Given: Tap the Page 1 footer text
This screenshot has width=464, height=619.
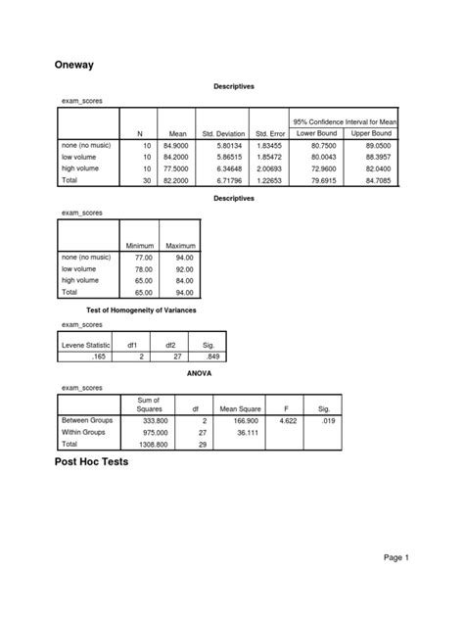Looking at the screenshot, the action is click(395, 556).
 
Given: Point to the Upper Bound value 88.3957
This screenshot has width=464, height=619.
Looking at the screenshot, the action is click(373, 157).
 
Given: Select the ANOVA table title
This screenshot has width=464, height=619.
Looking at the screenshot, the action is click(227, 373).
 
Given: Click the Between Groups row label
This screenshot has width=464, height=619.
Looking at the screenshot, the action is click(87, 419).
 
